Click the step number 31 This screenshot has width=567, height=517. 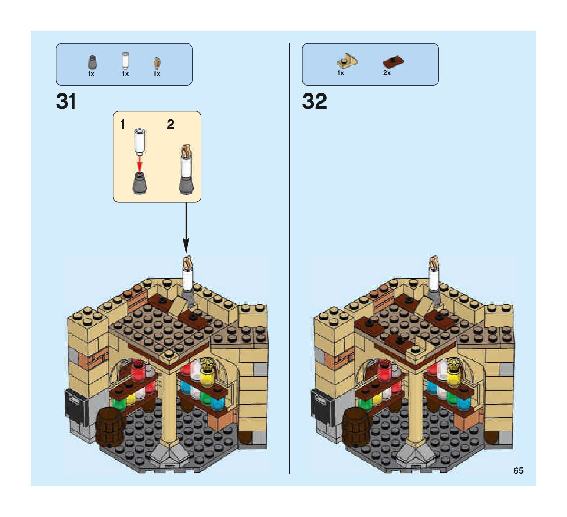66,102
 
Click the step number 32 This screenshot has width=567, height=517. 314,102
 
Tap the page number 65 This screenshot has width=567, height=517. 518,470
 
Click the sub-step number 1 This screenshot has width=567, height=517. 123,125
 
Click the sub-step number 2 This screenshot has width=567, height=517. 171,125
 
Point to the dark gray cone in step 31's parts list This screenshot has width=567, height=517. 92,62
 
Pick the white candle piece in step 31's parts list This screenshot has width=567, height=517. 126,61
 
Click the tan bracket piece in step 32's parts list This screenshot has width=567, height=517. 347,61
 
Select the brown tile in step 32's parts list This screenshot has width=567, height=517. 393,62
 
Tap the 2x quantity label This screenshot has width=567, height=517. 387,73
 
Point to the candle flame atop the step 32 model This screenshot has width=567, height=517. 434,262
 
